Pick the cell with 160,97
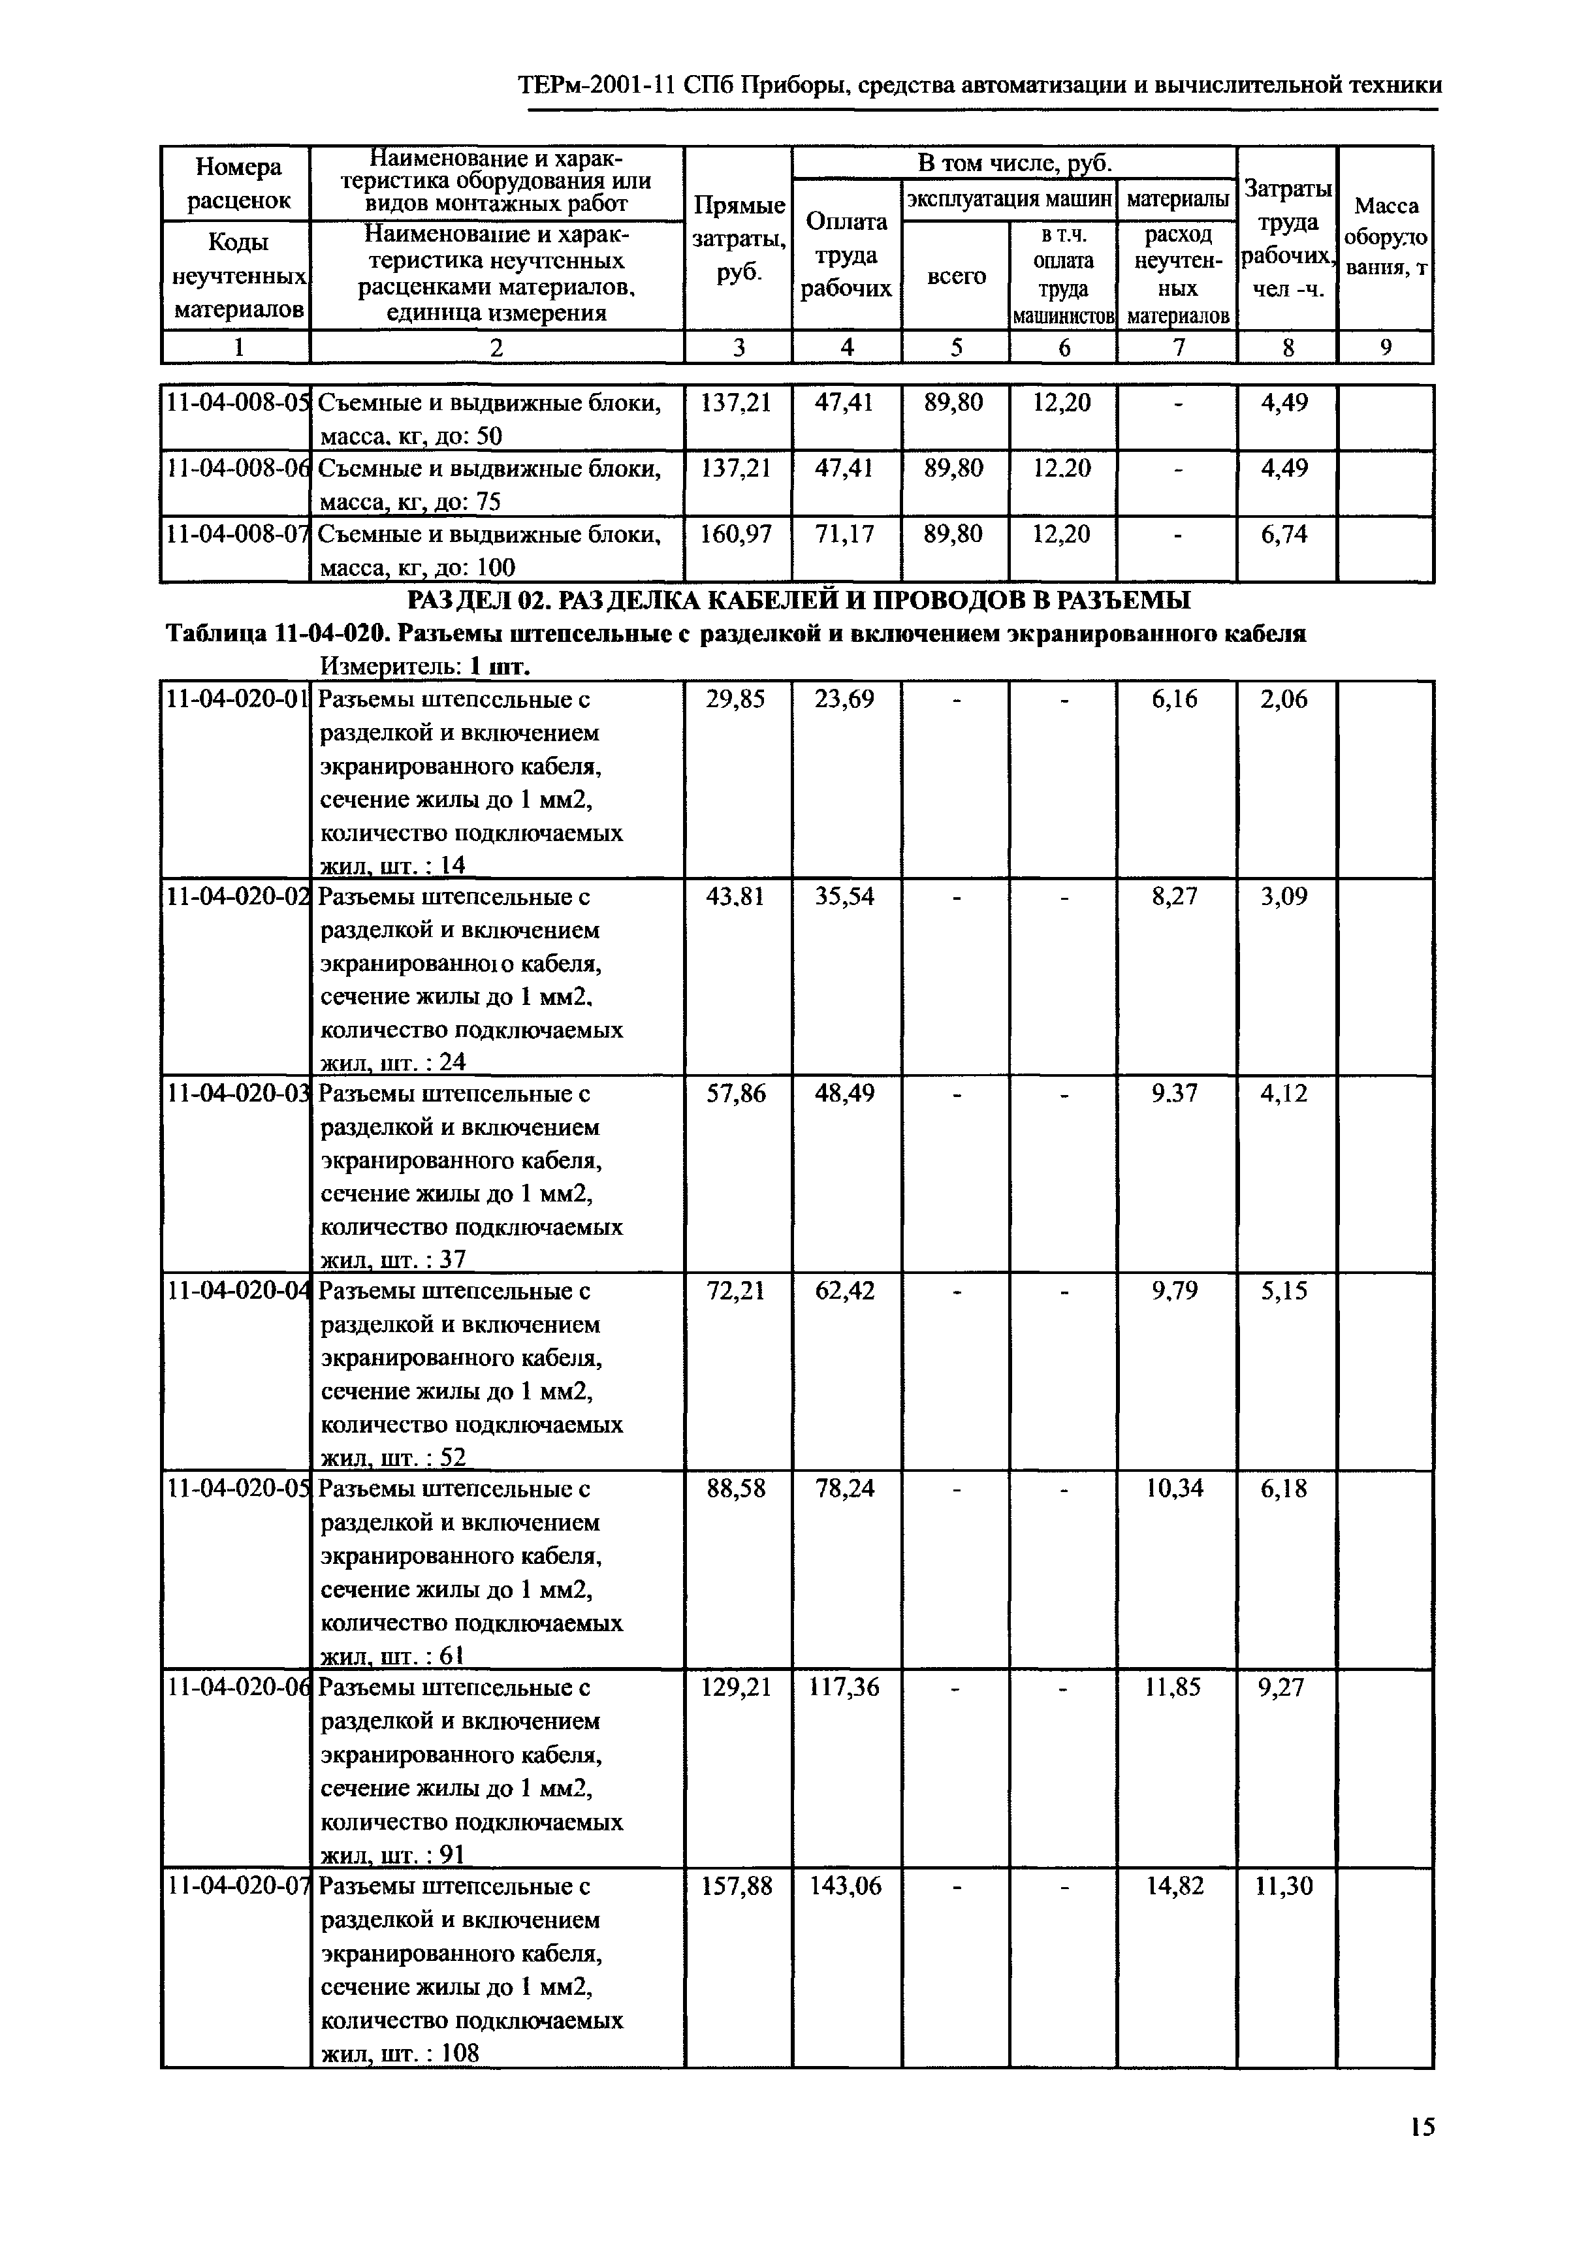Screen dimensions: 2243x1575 coord(737,534)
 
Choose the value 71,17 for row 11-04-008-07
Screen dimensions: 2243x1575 coord(845,534)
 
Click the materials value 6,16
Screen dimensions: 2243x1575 coord(1175,699)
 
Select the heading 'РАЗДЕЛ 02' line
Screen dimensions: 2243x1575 coord(798,600)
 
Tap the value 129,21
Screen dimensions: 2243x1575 coord(737,1687)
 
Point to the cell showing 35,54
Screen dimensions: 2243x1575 coord(845,896)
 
